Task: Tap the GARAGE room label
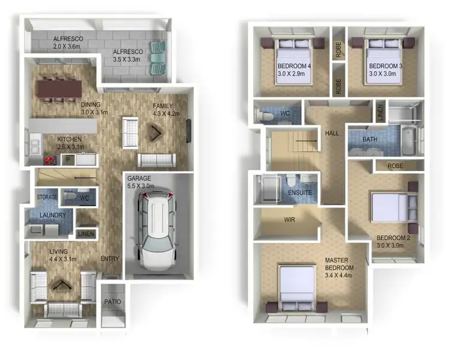pos(139,179)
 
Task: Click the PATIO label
pos(112,302)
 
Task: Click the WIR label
pos(289,220)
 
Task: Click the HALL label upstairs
pos(332,133)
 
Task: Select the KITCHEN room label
pos(69,139)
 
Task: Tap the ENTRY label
pos(110,259)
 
